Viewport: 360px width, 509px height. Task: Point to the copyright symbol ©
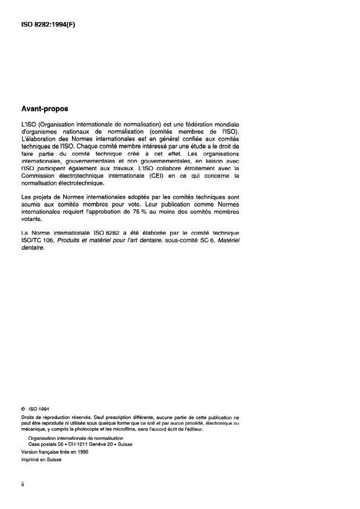tap(23, 407)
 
